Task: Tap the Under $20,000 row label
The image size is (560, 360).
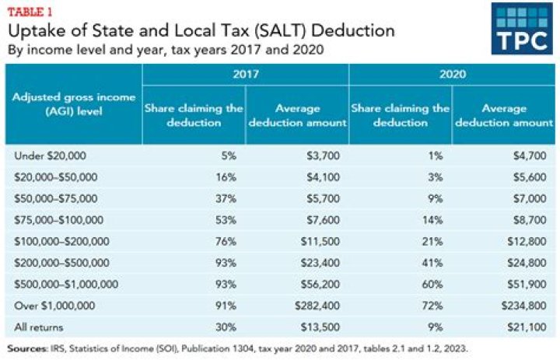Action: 47,156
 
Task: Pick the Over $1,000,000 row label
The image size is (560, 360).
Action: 52,308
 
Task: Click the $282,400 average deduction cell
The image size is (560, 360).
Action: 320,308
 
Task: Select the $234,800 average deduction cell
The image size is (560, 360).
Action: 528,308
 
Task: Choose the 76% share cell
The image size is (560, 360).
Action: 230,243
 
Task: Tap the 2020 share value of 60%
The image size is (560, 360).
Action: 438,286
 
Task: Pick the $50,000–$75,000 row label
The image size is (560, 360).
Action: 54,200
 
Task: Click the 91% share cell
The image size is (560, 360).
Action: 230,308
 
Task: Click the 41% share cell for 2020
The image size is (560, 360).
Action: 438,264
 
